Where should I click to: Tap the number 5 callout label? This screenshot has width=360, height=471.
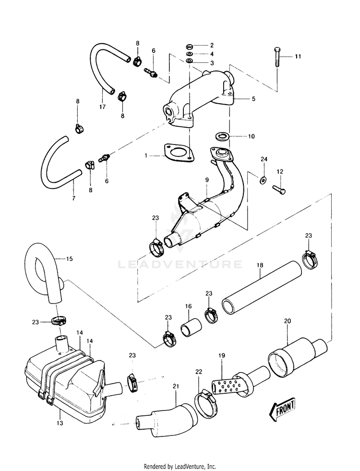(x=254, y=98)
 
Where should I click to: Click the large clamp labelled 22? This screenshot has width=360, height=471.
(x=206, y=406)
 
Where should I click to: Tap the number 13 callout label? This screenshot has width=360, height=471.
(x=60, y=423)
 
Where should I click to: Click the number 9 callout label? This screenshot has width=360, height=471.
(x=207, y=180)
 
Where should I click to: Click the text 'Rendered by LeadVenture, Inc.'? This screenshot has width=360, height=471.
(x=180, y=467)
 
